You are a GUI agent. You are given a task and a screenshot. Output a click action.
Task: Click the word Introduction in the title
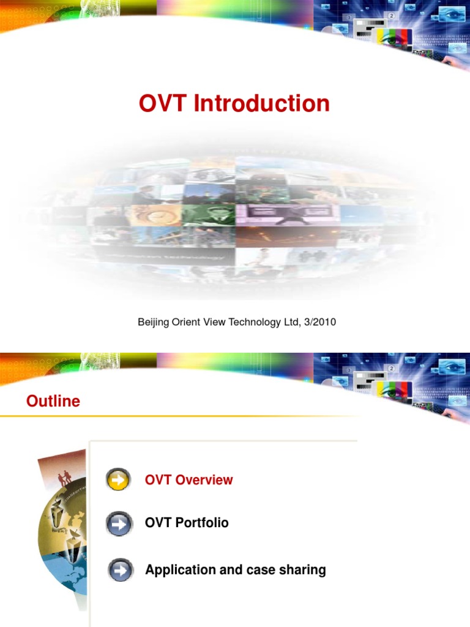pos(262,103)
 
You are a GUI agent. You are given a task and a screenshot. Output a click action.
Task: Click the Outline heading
pos(53,401)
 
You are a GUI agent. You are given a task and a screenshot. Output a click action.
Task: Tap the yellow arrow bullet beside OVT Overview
pos(118,479)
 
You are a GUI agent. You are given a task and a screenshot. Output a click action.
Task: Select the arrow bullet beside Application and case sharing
pos(121,571)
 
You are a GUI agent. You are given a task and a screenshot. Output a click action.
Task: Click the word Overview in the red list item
pos(204,479)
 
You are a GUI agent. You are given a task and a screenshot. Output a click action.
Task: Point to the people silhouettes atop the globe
pos(64,477)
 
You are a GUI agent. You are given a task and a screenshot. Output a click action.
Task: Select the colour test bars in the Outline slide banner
pos(394,387)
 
